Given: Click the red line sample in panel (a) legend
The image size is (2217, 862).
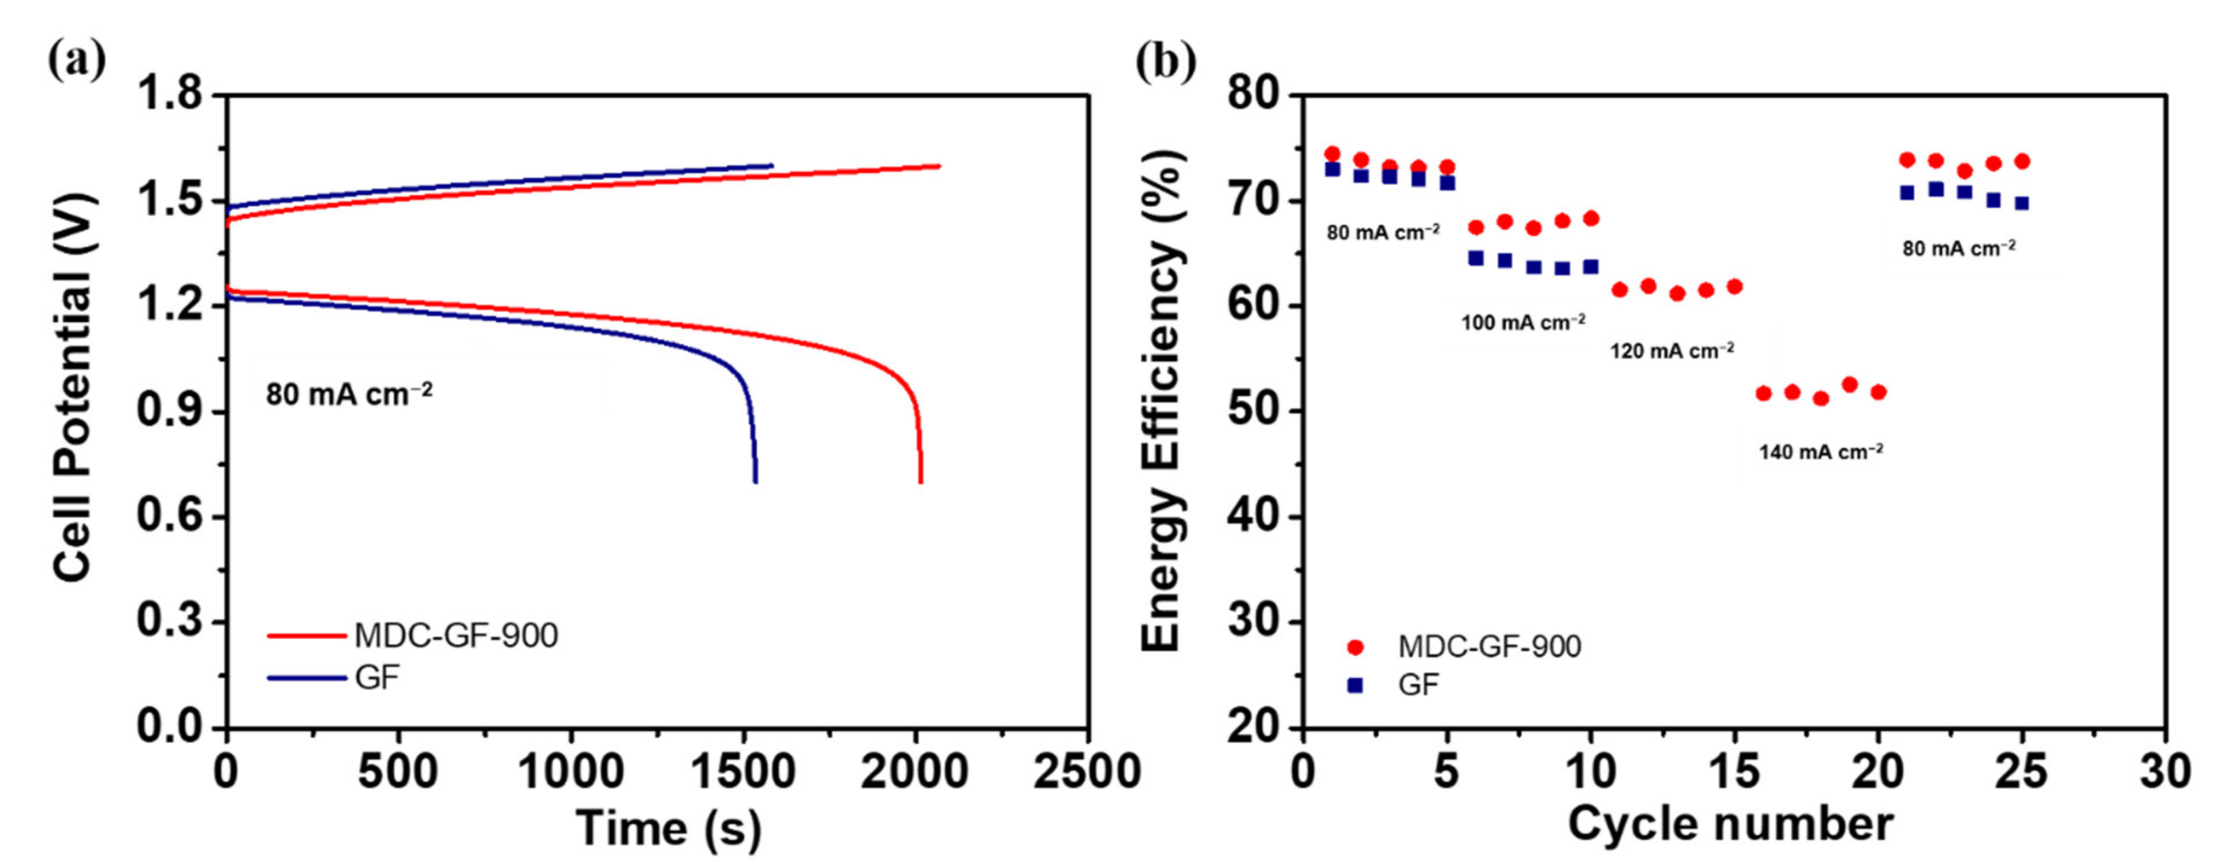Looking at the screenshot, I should [307, 636].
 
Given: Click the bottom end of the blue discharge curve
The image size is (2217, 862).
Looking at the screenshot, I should [756, 481].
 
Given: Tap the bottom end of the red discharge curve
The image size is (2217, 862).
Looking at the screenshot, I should [921, 481].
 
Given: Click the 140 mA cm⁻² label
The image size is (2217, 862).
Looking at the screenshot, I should [1821, 451].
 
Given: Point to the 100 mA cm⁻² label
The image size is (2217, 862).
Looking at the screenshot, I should [1522, 323].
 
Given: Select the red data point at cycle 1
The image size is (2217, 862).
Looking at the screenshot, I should [1333, 154].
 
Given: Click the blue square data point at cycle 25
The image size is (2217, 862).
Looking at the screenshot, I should [2022, 203].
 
